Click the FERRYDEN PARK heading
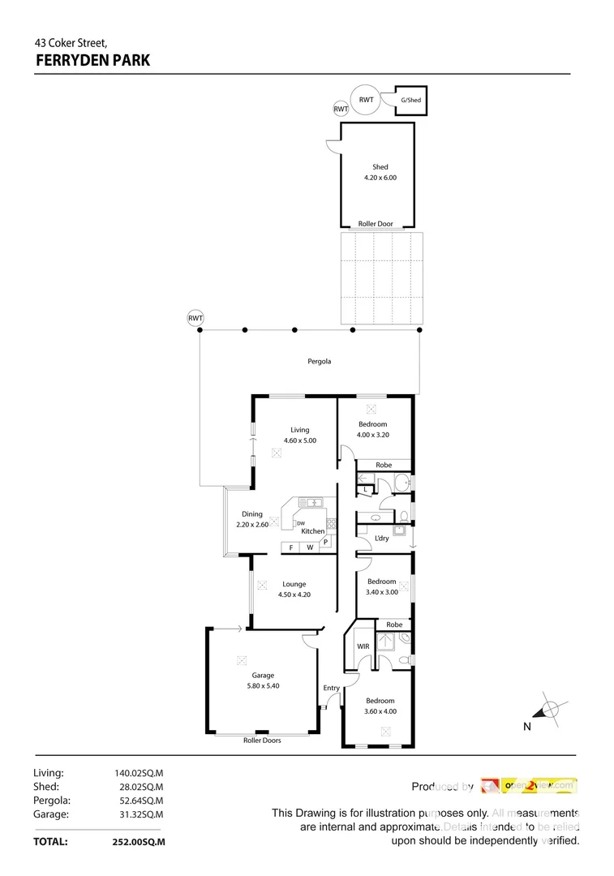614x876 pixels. point(92,59)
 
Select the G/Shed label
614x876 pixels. point(411,100)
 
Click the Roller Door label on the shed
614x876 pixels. point(376,223)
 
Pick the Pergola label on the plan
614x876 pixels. point(320,361)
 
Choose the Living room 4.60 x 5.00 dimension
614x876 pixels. point(299,440)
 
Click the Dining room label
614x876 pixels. point(251,513)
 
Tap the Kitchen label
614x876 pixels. point(313,531)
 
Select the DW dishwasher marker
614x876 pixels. point(300,523)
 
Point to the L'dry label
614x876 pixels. point(381,538)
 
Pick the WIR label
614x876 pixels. point(363,646)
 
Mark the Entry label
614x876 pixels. point(331,688)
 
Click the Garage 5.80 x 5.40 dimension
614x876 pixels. point(262,685)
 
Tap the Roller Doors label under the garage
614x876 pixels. point(262,740)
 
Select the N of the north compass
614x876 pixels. point(526,727)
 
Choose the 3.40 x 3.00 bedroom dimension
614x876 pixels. point(382,592)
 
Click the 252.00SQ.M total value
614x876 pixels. point(139,842)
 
